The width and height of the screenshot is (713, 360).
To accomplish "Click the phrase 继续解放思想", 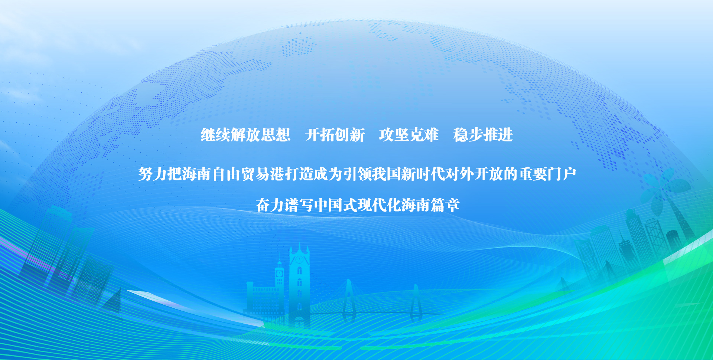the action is (x=245, y=135).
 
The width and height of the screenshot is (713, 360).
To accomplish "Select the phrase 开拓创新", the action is (x=335, y=135).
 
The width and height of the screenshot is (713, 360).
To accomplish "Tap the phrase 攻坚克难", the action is (x=409, y=135).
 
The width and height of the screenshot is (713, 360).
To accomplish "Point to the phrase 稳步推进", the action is (x=483, y=135).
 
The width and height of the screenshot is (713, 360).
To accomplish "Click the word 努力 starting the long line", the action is (x=153, y=174).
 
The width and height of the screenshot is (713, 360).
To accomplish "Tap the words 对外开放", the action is (x=474, y=174).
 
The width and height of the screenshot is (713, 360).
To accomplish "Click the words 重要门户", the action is (x=547, y=174).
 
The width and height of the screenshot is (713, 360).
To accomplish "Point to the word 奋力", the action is (x=270, y=205).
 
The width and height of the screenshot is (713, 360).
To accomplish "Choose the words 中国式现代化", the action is (x=357, y=205).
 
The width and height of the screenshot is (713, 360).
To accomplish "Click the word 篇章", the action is (x=445, y=205).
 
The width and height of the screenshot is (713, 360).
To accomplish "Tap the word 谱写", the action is (x=299, y=205).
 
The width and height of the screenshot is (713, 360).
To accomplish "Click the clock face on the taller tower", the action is (x=299, y=259).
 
